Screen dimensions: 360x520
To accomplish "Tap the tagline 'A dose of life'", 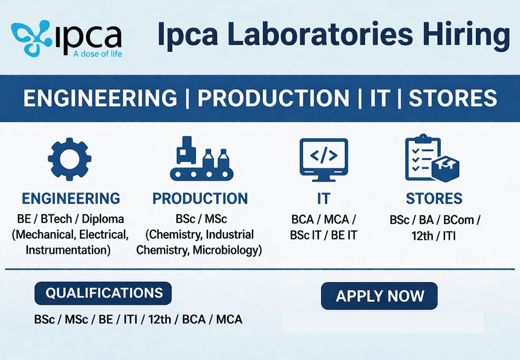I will [98, 54].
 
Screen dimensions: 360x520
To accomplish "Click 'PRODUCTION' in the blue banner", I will [274, 98].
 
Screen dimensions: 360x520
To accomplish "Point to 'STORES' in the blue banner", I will [452, 98].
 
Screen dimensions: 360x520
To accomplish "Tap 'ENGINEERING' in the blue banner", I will [100, 98].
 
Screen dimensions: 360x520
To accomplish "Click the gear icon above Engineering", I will [70, 159].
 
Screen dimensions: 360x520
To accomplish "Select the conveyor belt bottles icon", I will [201, 159].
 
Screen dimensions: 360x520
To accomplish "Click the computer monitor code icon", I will [324, 159].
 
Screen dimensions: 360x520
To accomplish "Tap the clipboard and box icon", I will [432, 158].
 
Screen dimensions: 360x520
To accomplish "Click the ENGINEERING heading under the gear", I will [71, 199].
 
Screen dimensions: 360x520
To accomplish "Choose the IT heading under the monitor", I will [324, 199].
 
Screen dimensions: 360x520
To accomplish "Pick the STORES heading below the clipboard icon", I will [434, 199].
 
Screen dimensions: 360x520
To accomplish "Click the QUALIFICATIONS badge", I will [103, 293].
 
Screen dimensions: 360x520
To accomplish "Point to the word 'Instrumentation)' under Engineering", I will [68, 250].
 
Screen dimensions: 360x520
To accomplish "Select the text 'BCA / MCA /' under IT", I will [324, 220].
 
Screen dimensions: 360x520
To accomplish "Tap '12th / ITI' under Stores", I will [434, 236].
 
